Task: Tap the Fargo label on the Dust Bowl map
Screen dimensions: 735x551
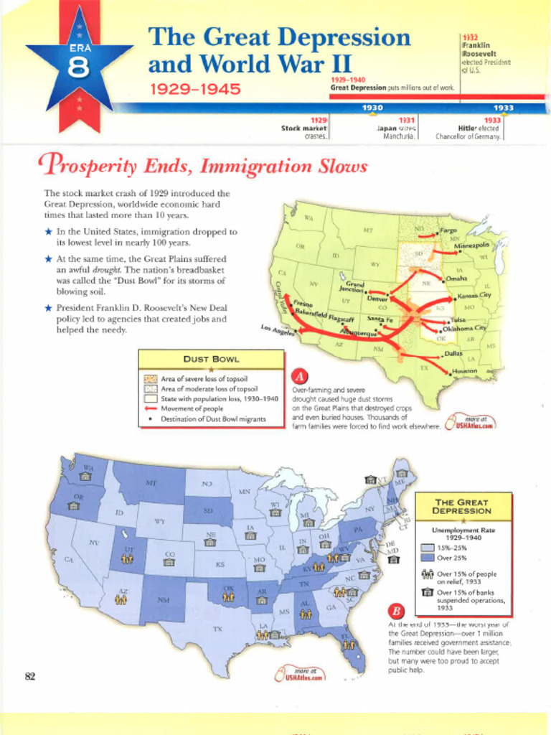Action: click(x=448, y=231)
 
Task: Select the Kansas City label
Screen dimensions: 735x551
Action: click(x=474, y=295)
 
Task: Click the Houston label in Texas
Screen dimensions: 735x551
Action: click(x=464, y=371)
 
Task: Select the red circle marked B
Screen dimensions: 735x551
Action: click(x=397, y=612)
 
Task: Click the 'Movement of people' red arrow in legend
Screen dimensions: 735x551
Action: click(x=150, y=408)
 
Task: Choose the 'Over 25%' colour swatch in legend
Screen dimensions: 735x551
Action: click(x=426, y=557)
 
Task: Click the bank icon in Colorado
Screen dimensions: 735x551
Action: click(x=169, y=562)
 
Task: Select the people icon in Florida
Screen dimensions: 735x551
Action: click(x=349, y=645)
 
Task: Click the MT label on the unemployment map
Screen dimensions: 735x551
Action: click(x=151, y=483)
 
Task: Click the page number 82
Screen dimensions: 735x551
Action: click(x=30, y=675)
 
